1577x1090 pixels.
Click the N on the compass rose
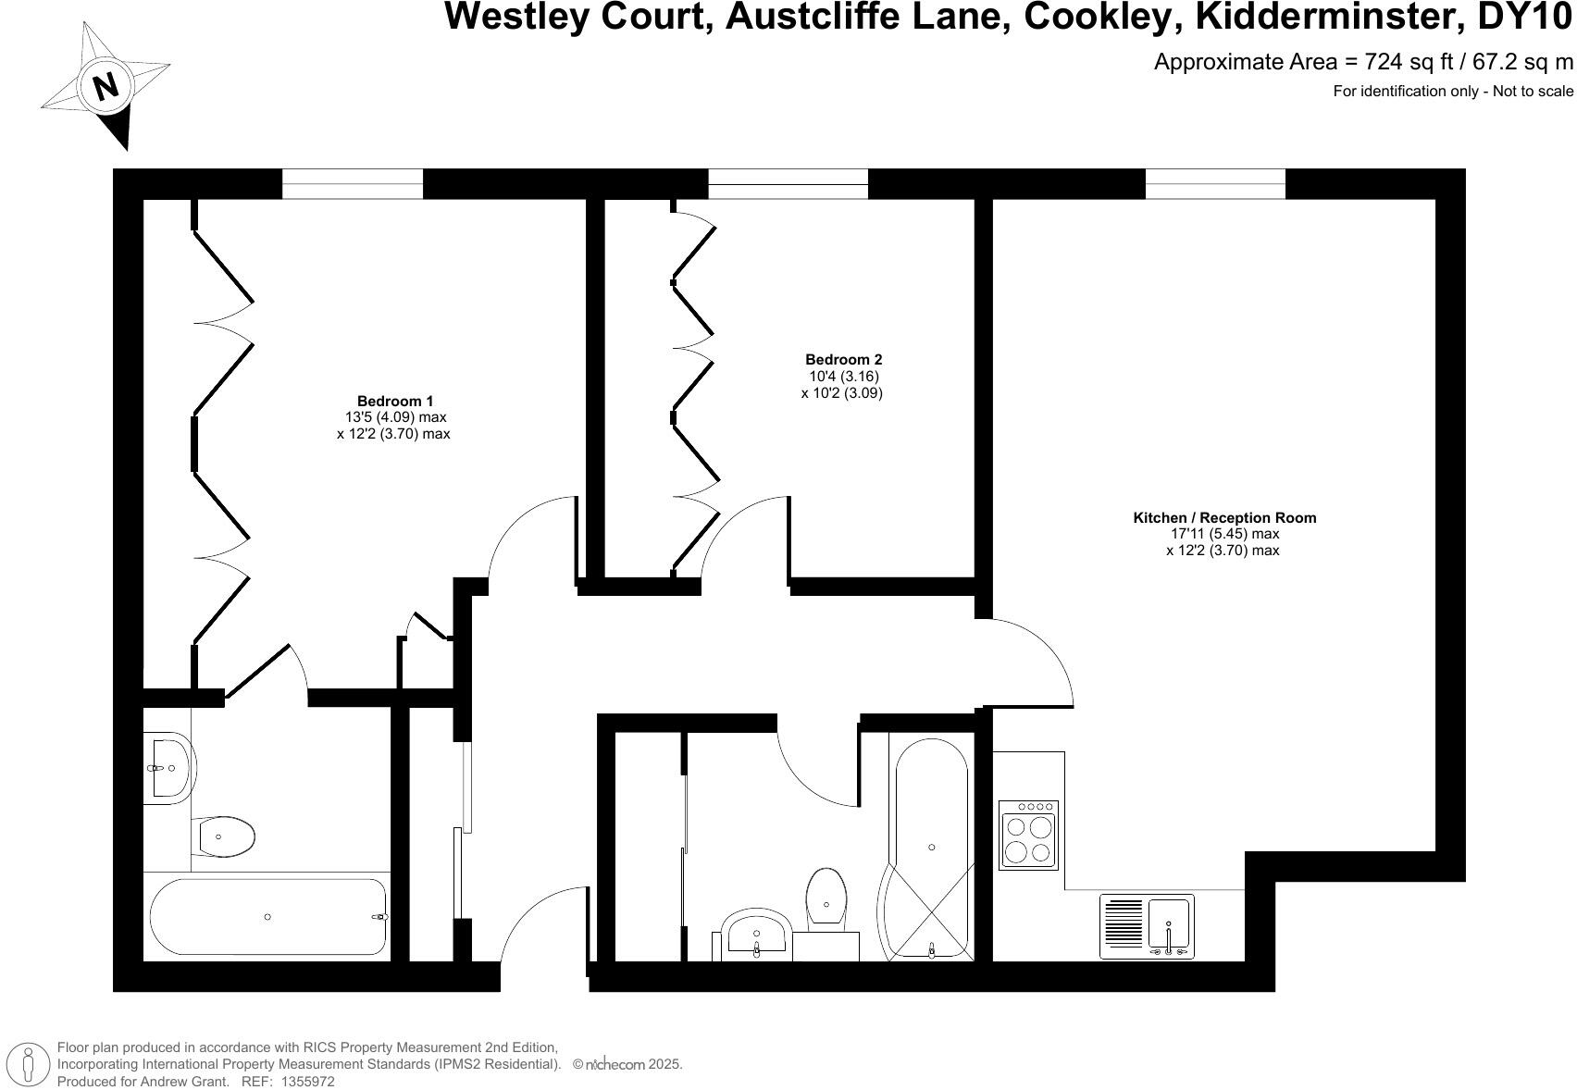pyautogui.click(x=106, y=86)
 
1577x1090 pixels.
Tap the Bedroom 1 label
pyautogui.click(x=395, y=401)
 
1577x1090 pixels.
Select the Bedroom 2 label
pyautogui.click(x=843, y=359)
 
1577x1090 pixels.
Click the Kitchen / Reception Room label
pyautogui.click(x=1223, y=517)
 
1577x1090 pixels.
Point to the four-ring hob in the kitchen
pyautogui.click(x=1028, y=836)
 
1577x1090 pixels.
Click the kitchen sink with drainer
pyautogui.click(x=1147, y=927)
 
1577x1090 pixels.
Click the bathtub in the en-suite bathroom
pyautogui.click(x=267, y=916)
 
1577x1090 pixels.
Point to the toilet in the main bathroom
pyautogui.click(x=826, y=897)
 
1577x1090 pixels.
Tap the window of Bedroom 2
pyautogui.click(x=788, y=183)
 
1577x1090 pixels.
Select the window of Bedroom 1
pyautogui.click(x=352, y=183)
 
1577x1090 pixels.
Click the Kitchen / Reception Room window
pyautogui.click(x=1215, y=183)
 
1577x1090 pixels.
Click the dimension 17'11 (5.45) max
pyautogui.click(x=1223, y=534)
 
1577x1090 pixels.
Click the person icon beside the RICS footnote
pyautogui.click(x=29, y=1063)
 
